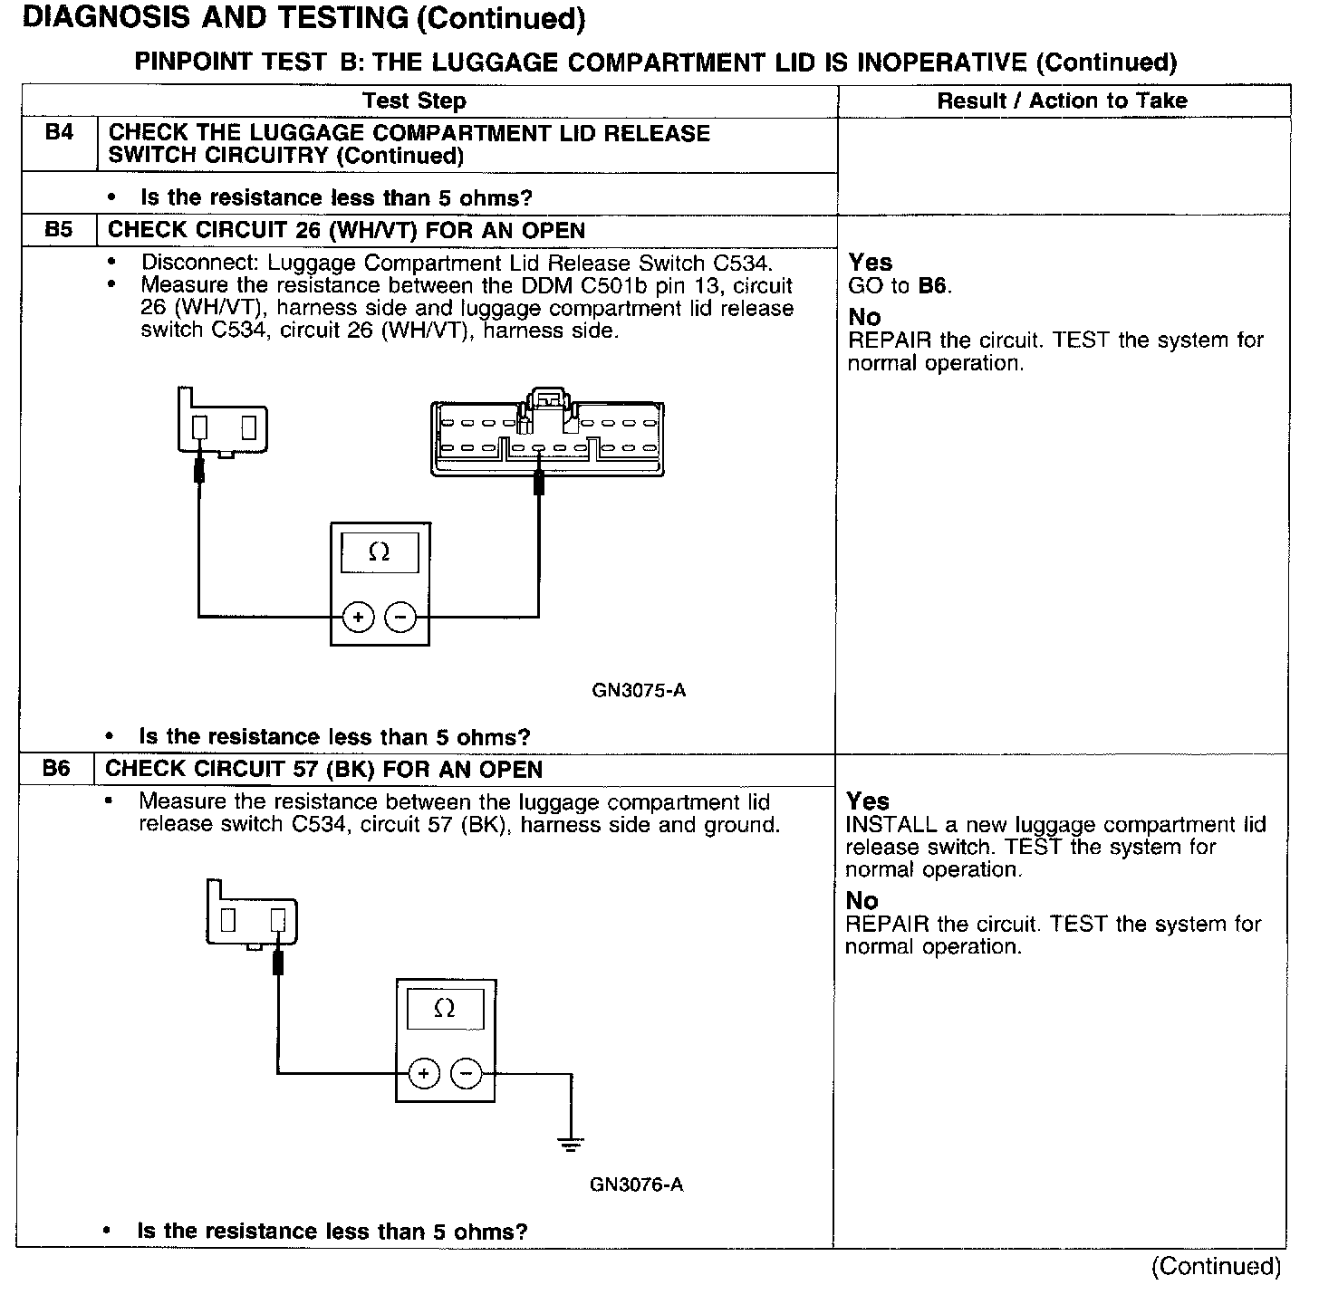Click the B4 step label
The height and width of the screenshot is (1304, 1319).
[59, 132]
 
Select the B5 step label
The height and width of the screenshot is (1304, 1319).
[59, 230]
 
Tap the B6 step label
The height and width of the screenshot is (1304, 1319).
[56, 769]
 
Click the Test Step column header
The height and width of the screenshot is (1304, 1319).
[414, 101]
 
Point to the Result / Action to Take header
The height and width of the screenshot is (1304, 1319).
[1062, 101]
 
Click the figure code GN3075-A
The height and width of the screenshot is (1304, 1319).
[639, 691]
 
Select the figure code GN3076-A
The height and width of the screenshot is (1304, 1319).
[636, 1184]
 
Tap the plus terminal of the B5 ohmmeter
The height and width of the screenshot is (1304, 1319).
[359, 618]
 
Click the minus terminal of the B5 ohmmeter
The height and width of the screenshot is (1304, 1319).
[400, 618]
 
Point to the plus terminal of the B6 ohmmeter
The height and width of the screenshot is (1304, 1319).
[423, 1074]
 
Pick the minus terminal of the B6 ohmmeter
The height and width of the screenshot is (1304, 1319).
[466, 1074]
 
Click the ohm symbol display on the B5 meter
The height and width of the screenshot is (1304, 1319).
[380, 552]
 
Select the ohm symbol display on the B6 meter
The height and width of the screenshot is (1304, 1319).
[444, 1009]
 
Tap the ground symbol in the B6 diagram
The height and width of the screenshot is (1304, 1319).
[571, 1145]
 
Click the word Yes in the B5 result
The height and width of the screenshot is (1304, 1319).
[871, 263]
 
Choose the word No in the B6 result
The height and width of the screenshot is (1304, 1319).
[862, 900]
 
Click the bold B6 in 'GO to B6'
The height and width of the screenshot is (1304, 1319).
[933, 286]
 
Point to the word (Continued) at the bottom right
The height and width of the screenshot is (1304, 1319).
[1216, 1266]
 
